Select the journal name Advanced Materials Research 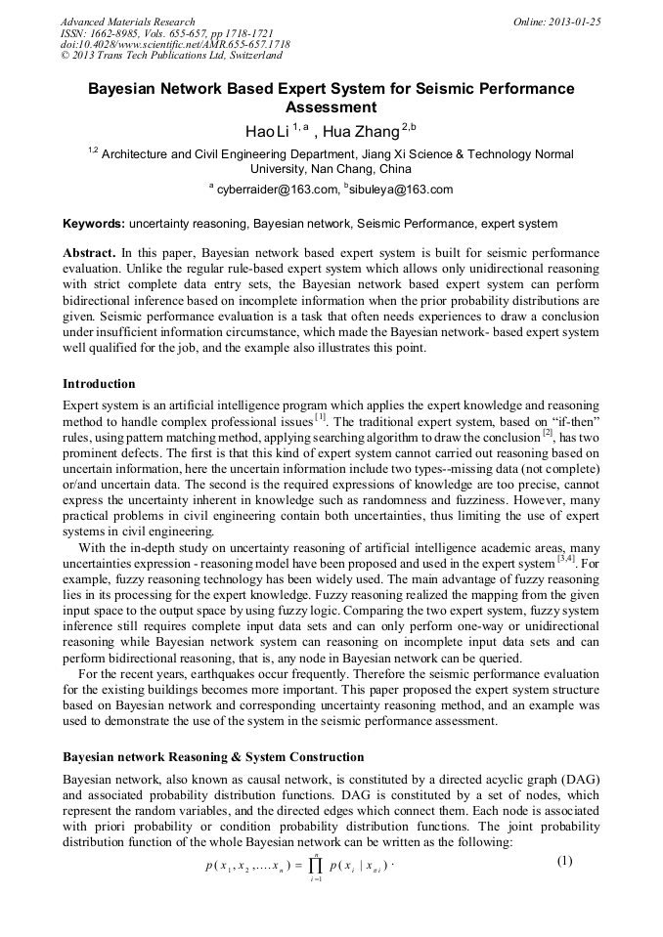128,21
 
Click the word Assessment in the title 331,107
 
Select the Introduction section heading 99,383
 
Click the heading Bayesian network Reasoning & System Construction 213,757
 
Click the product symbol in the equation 315,865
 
